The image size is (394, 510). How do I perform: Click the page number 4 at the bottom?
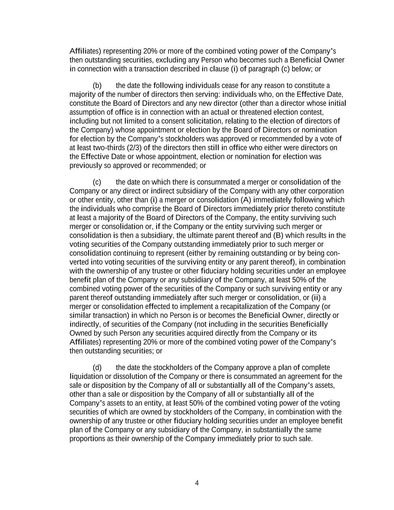[197, 483]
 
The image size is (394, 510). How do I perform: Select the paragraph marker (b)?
[97, 86]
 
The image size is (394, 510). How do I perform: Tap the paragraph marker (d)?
[97, 368]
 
